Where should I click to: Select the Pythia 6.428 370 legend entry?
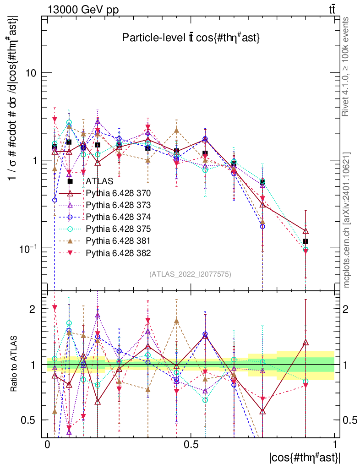[x=118, y=193]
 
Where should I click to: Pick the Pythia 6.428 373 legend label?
[x=118, y=205]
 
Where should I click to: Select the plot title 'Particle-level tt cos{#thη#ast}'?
[x=191, y=38]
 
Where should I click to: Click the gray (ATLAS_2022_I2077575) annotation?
[x=190, y=274]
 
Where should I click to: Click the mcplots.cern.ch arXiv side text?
[x=347, y=220]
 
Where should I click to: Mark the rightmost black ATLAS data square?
[x=305, y=241]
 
